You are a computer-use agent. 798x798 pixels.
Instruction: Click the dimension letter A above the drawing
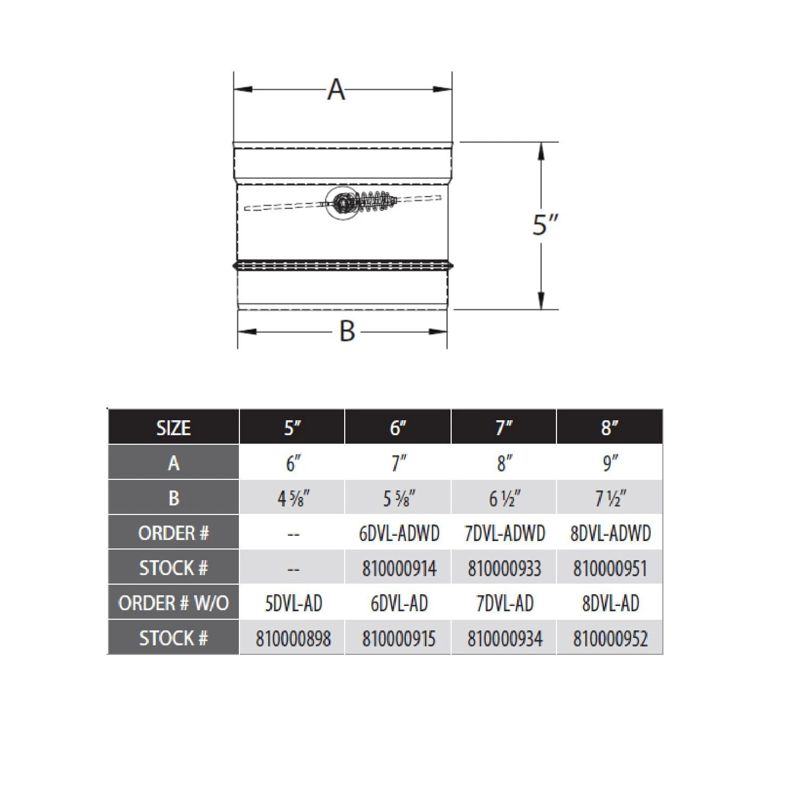(x=336, y=89)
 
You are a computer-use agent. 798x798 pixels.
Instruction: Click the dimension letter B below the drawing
(x=347, y=331)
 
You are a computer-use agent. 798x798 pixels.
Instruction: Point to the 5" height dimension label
(x=545, y=225)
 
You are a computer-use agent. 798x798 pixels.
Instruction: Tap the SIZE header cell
(x=173, y=428)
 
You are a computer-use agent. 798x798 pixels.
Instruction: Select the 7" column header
(x=503, y=428)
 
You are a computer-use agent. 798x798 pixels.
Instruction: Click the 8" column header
(x=610, y=428)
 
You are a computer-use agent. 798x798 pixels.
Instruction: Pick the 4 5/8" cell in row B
(x=293, y=498)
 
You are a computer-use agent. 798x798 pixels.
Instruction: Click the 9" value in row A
(x=610, y=463)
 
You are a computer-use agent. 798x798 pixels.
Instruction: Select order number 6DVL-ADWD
(x=398, y=533)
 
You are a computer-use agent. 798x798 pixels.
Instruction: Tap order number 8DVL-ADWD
(x=610, y=533)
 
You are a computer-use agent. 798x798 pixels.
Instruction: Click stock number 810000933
(x=504, y=569)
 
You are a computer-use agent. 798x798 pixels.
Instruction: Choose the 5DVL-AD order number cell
(x=293, y=603)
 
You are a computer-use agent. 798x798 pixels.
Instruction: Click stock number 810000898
(x=293, y=638)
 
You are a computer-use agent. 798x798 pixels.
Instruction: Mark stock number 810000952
(x=610, y=638)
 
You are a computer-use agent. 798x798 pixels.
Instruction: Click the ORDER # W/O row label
(x=173, y=603)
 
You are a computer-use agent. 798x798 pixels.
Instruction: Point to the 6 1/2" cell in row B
(x=504, y=498)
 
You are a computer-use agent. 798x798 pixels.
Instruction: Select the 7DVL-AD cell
(x=504, y=603)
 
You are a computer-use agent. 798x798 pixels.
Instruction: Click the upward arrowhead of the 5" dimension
(x=541, y=151)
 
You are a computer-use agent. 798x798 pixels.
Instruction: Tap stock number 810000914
(x=398, y=569)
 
